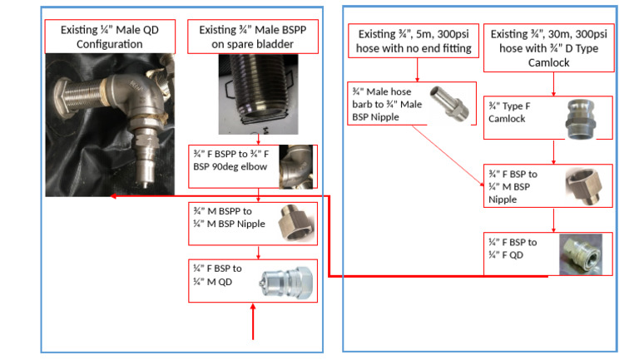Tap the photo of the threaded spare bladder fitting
coord(258,96)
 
